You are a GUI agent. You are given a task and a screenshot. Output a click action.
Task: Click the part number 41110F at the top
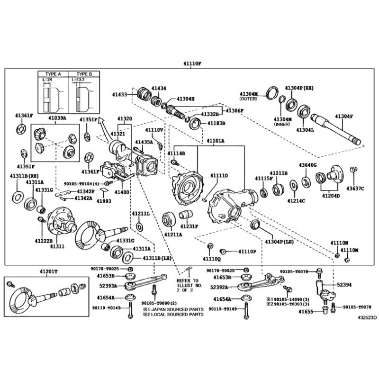pyautogui.click(x=192, y=63)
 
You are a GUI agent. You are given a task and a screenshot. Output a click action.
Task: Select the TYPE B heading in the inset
pyautogui.click(x=84, y=74)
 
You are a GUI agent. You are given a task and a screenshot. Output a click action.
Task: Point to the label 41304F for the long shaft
pyautogui.click(x=344, y=116)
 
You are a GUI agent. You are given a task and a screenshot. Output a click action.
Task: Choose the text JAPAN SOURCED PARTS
pyautogui.click(x=176, y=309)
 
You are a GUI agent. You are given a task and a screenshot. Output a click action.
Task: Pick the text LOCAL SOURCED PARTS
pyautogui.click(x=176, y=315)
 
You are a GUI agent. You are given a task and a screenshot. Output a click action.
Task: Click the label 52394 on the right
pyautogui.click(x=345, y=285)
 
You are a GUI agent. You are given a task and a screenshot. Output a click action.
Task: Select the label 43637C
pyautogui.click(x=355, y=189)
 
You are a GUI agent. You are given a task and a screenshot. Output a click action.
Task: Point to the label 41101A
pyautogui.click(x=215, y=141)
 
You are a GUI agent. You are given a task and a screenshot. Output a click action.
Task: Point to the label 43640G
pyautogui.click(x=307, y=164)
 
